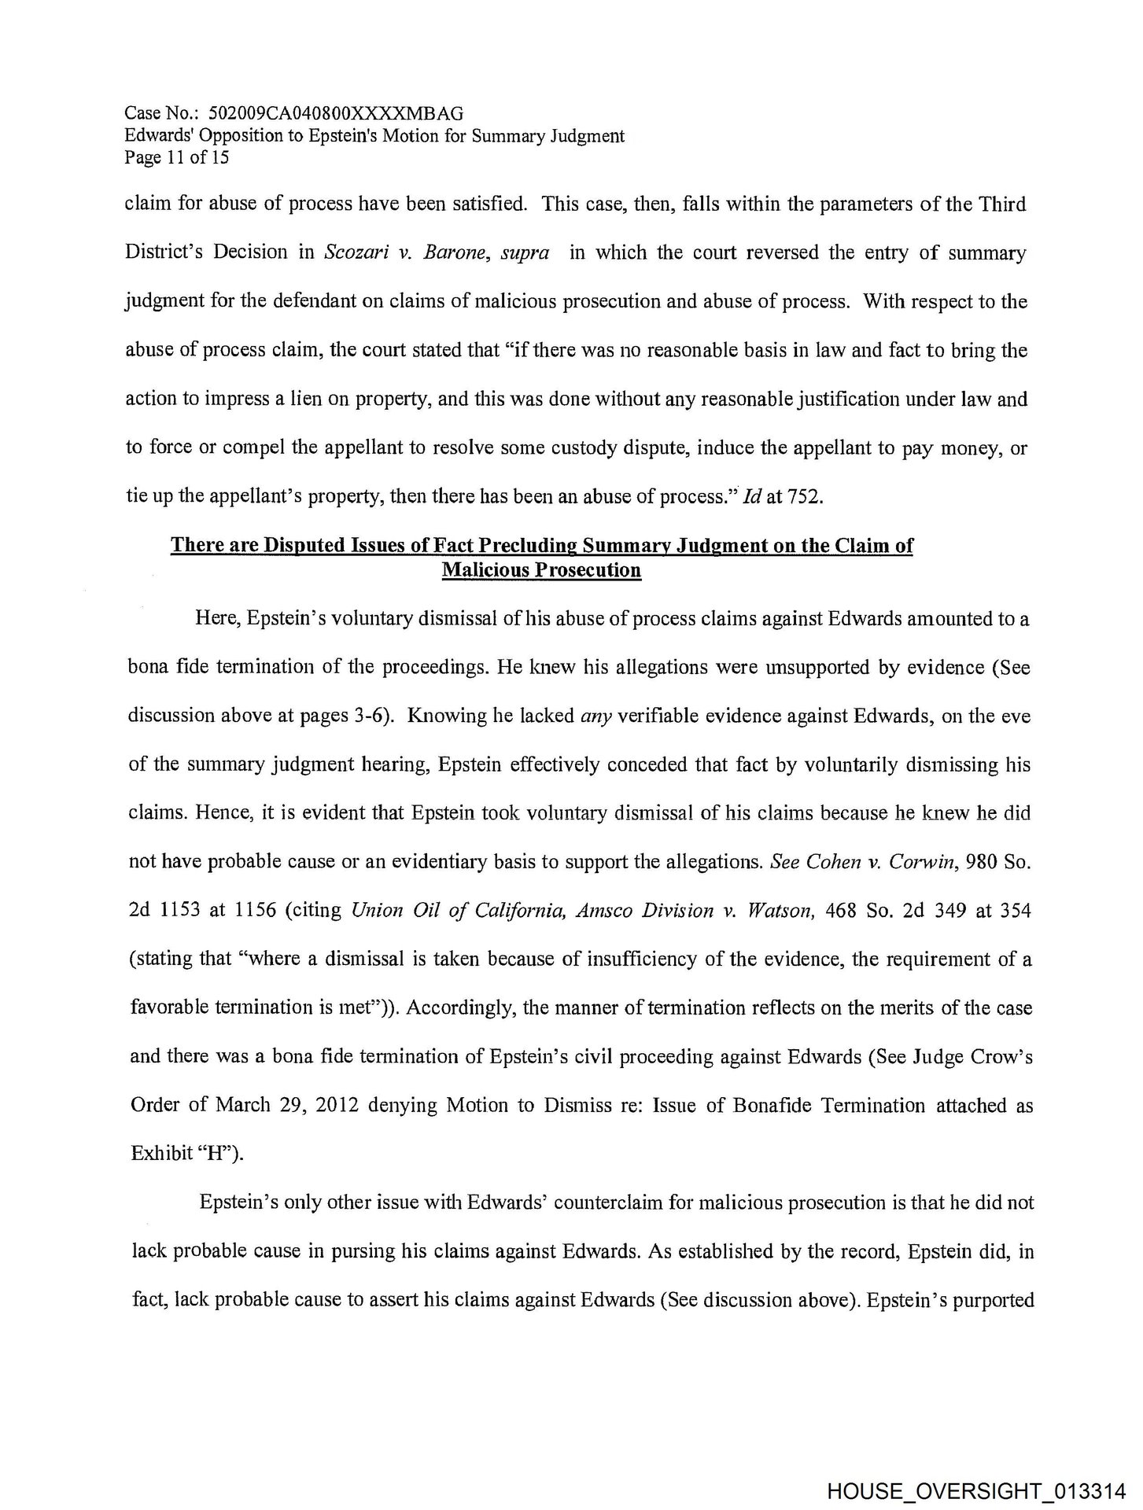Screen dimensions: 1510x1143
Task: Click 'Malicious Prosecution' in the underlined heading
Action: tap(541, 569)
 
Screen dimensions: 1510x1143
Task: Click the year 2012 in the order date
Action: tap(337, 1105)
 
